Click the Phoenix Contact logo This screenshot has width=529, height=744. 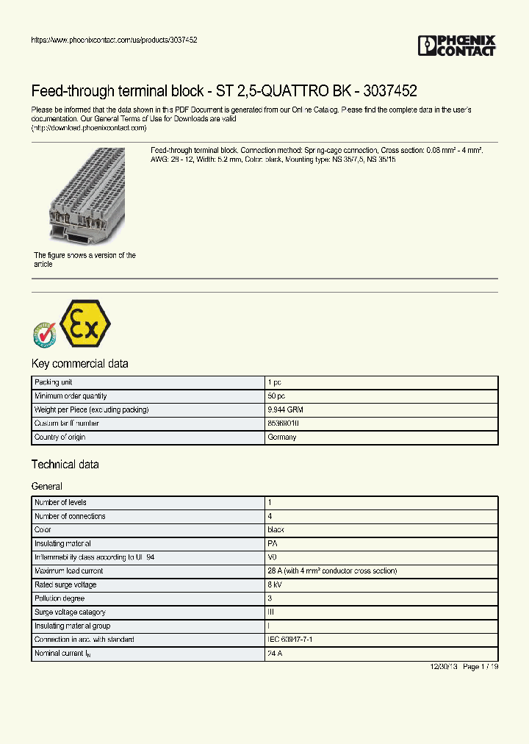click(x=456, y=46)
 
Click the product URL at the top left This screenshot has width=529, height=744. click(x=114, y=40)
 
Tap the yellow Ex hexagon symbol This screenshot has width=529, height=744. click(x=84, y=323)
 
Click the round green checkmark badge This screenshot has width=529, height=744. click(x=45, y=335)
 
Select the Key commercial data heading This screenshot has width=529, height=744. click(x=79, y=363)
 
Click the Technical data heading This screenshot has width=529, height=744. click(x=65, y=465)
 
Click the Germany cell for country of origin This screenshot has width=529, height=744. click(x=282, y=437)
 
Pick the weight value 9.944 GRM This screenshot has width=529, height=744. click(x=285, y=409)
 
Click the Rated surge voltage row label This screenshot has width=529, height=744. click(x=65, y=584)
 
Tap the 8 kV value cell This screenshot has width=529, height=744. click(x=275, y=584)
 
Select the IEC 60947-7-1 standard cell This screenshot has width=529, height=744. click(x=290, y=640)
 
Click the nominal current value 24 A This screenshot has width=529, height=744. click(x=276, y=654)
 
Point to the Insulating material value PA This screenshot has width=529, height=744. click(x=273, y=543)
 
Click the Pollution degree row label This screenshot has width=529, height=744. click(x=60, y=598)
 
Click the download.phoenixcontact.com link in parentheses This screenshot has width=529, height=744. click(x=89, y=127)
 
